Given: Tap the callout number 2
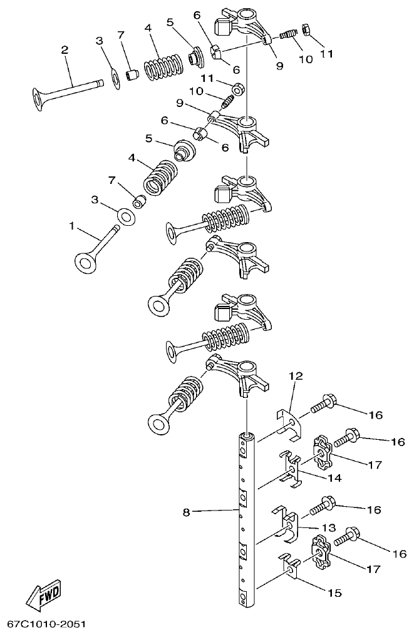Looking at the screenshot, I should (x=65, y=50).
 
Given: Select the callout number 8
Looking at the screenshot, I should (x=186, y=512).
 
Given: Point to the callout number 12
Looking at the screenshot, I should (x=296, y=376).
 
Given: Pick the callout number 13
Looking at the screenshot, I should (x=329, y=527).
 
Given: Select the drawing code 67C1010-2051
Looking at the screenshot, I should (x=46, y=624).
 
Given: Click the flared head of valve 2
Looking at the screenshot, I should (x=43, y=99).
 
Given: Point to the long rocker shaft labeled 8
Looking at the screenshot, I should (x=247, y=519).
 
